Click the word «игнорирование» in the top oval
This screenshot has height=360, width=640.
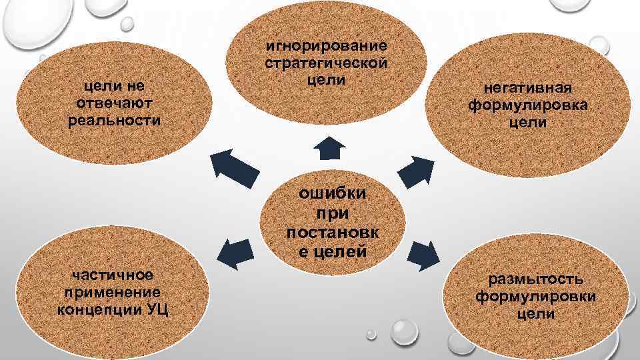pyautogui.click(x=326, y=47)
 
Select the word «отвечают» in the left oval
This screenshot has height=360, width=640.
pyautogui.click(x=115, y=103)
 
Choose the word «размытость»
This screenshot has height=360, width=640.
pyautogui.click(x=535, y=279)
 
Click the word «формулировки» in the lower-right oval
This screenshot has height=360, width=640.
pyautogui.click(x=535, y=295)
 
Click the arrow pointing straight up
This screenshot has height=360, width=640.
pyautogui.click(x=329, y=149)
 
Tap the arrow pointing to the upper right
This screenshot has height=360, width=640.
pyautogui.click(x=415, y=170)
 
